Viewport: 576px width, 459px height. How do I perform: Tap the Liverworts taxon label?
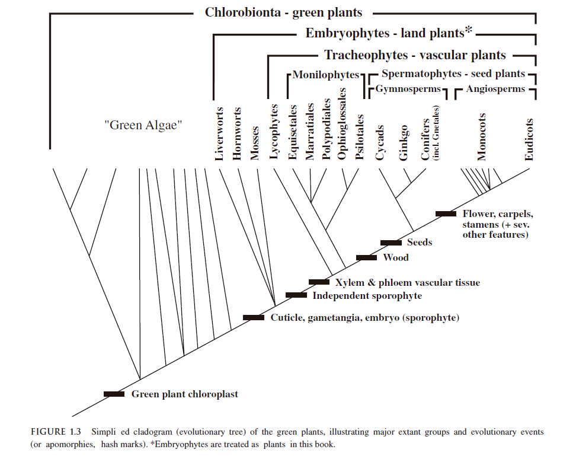pyautogui.click(x=220, y=133)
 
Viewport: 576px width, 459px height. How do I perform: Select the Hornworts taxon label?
pyautogui.click(x=238, y=133)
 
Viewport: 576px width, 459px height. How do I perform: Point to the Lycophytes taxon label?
pyautogui.click(x=274, y=132)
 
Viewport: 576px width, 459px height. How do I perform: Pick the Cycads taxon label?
pyautogui.click(x=380, y=143)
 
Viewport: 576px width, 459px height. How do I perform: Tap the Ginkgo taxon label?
pyautogui.click(x=404, y=143)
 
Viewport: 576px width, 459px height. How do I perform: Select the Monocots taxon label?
pyautogui.click(x=482, y=137)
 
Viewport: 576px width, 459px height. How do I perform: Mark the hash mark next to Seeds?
pyautogui.click(x=391, y=242)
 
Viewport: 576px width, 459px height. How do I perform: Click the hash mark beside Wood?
pyautogui.click(x=366, y=257)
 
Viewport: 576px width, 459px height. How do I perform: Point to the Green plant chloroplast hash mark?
pyautogui.click(x=114, y=394)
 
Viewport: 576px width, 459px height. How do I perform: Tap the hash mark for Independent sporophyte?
pyautogui.click(x=296, y=295)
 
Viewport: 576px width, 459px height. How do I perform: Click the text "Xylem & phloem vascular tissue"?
pyautogui.click(x=407, y=282)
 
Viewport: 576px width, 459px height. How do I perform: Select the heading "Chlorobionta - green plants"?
pyautogui.click(x=283, y=12)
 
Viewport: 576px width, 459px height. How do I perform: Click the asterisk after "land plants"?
pyautogui.click(x=468, y=30)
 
